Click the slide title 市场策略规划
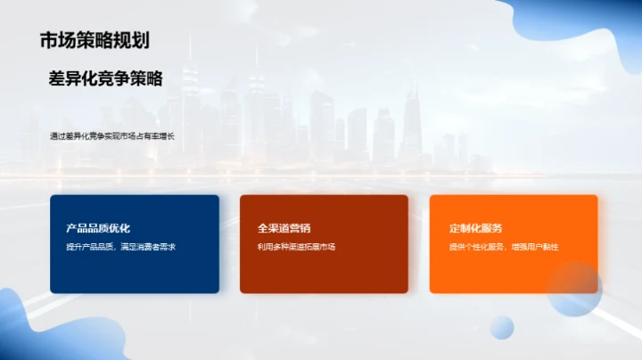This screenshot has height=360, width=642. pos(94,40)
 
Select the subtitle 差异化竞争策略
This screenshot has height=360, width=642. pos(105,78)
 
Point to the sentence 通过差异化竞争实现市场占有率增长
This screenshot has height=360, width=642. pos(112,136)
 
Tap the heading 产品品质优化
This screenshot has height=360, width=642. pos(98,228)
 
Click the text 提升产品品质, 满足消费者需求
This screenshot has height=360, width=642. pos(120,247)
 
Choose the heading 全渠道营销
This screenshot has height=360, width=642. pos(284,228)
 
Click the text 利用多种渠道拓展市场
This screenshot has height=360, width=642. pos(296,247)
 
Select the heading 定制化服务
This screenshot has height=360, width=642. pos(475,228)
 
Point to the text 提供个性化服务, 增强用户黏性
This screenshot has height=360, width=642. pos(503,247)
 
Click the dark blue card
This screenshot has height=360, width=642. pos(134,272)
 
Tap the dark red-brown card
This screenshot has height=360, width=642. pos(324,272)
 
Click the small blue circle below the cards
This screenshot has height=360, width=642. pos(502,327)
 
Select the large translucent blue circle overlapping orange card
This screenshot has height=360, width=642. pos(575,290)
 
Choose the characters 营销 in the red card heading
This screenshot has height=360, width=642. pos(300,228)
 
